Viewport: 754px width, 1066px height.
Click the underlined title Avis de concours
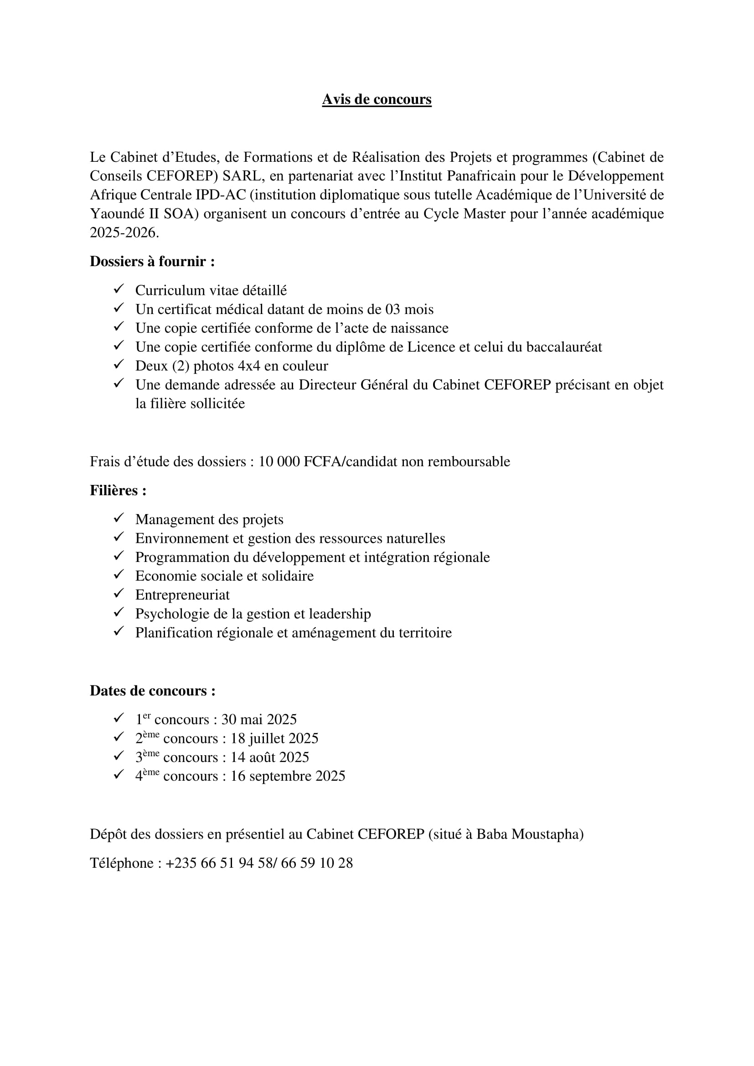pos(377,99)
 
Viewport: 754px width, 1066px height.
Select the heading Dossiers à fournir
pos(152,262)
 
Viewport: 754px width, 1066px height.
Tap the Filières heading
pos(118,491)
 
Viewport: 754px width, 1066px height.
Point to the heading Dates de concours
pos(152,691)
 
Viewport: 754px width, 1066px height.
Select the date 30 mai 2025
pos(258,720)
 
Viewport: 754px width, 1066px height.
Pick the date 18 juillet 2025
pos(274,739)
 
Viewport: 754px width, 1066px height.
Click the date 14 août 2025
pos(270,757)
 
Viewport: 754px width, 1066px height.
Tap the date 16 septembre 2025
pos(288,776)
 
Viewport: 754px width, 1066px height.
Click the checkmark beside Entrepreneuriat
pos(119,594)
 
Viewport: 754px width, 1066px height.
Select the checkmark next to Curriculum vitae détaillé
pos(119,289)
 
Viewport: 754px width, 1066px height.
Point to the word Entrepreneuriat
pos(182,595)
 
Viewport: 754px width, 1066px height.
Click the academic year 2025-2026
pos(124,232)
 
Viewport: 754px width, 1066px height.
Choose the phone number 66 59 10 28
pos(317,863)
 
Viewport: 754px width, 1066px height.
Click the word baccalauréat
pos(563,347)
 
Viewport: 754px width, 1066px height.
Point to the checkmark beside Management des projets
pos(119,518)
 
